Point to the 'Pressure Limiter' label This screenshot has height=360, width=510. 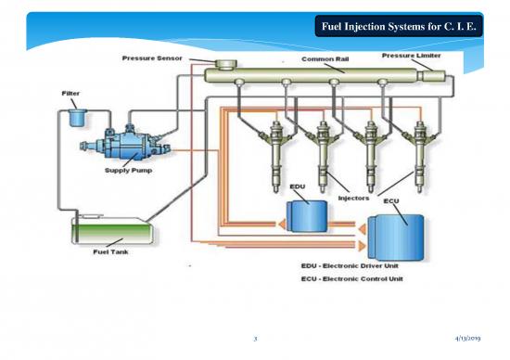[412, 56]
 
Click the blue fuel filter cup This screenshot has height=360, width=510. [75, 119]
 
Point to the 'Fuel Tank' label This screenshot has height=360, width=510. [108, 251]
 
